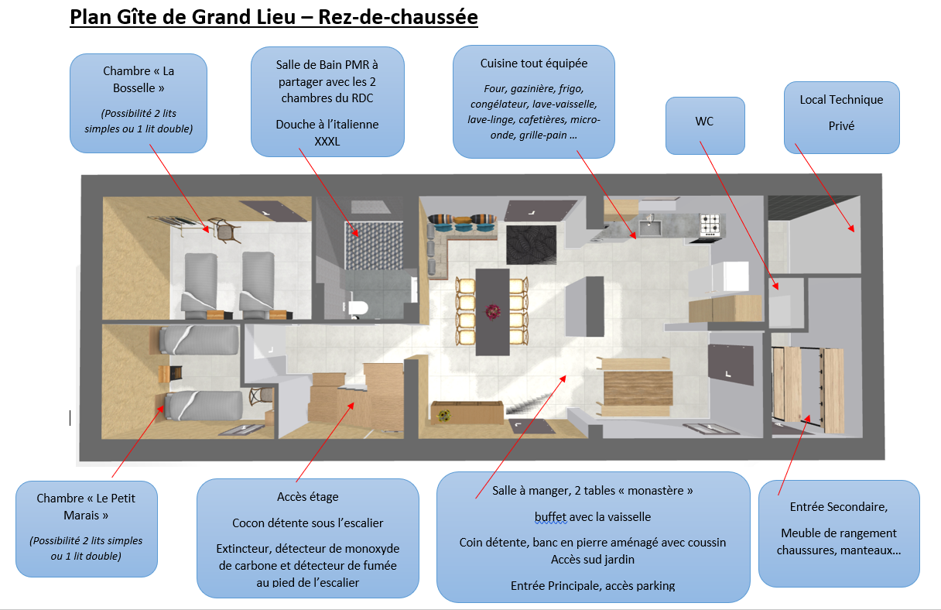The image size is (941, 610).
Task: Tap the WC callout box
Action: [704, 125]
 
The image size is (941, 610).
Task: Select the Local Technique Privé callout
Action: [841, 116]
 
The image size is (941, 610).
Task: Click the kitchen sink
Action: [648, 226]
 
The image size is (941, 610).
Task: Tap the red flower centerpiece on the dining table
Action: [492, 311]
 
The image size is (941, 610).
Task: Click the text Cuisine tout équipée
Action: [533, 63]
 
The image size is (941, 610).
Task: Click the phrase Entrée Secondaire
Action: [838, 507]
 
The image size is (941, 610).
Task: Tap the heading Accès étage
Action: [307, 496]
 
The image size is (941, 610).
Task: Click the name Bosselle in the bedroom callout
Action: [139, 88]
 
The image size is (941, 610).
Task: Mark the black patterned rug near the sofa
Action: [531, 244]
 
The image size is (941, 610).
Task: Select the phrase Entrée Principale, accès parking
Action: [593, 585]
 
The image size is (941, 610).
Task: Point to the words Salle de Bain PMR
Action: [327, 65]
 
